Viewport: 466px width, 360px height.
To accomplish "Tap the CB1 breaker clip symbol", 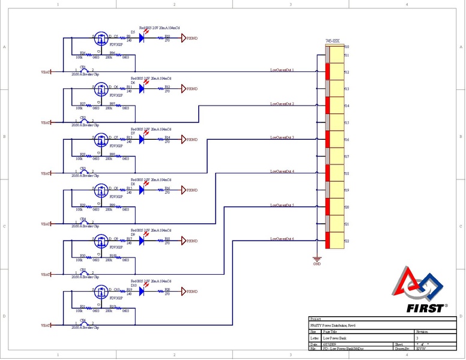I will pos(84,71).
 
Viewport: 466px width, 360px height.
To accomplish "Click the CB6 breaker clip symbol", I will pos(84,325).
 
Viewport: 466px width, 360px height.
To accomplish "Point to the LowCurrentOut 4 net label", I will pos(282,172).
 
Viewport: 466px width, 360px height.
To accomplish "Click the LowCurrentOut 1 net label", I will pos(282,70).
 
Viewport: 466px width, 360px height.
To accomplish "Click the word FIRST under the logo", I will pos(427,308).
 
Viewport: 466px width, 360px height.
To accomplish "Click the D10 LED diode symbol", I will pos(142,290).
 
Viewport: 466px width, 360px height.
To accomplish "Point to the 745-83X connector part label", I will pos(332,41).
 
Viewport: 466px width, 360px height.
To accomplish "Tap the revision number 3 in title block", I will pos(417,338).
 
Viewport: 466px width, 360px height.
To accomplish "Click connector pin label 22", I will pos(346,241).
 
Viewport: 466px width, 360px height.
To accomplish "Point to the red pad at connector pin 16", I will pos(327,139).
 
